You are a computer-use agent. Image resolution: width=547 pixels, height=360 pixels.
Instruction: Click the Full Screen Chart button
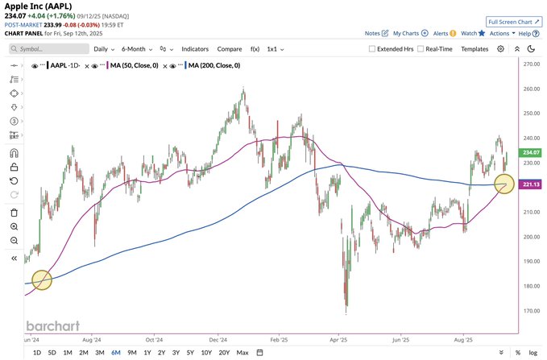tap(515, 22)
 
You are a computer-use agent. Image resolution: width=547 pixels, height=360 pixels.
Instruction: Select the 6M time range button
tap(116, 353)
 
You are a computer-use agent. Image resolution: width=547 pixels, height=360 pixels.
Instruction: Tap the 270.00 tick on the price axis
tap(531, 64)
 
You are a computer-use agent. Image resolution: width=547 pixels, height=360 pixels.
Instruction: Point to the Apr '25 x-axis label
tap(338, 341)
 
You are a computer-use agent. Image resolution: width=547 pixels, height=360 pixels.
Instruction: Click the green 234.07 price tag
tap(530, 152)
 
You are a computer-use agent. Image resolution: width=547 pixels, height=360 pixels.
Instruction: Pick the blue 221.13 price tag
tap(530, 184)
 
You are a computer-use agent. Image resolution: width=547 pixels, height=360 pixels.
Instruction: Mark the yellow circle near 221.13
tap(504, 184)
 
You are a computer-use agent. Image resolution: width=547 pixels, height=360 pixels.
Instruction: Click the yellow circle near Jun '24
tap(42, 280)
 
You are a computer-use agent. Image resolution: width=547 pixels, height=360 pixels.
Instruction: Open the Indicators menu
tap(195, 49)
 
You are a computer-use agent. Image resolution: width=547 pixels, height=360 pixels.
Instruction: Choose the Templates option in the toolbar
tap(474, 49)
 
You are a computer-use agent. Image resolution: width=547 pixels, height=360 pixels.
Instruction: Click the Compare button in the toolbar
tap(230, 49)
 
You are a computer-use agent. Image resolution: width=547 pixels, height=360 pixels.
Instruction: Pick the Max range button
tap(242, 353)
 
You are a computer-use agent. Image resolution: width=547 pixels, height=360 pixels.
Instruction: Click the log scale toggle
tap(532, 353)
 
